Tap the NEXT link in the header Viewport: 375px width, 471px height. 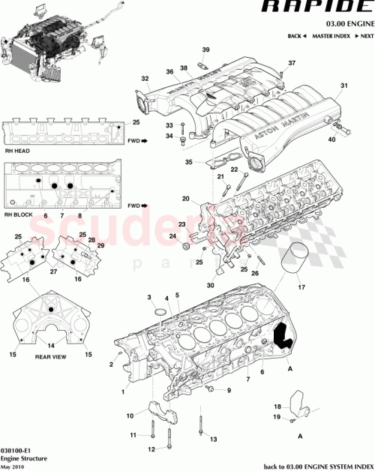coord(364,36)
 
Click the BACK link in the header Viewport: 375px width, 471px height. coord(298,36)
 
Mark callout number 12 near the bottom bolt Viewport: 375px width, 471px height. coord(151,449)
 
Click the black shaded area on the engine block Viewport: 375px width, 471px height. coord(283,335)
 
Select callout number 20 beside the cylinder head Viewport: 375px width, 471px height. coord(184,199)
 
